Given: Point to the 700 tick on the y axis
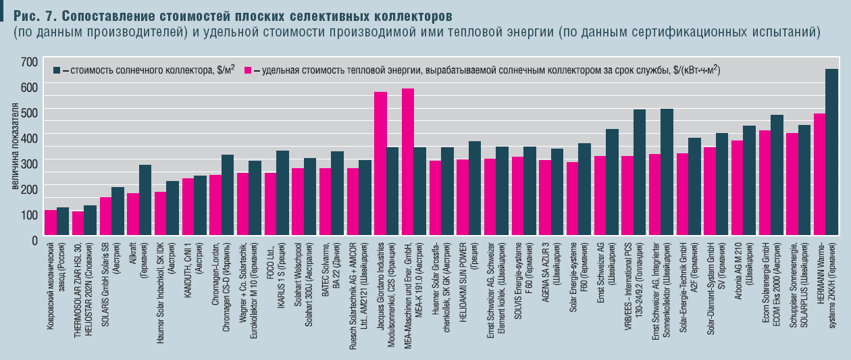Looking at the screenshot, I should (x=30, y=61).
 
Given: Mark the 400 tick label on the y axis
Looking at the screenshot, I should (x=30, y=138).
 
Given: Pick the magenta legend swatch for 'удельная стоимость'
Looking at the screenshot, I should (x=249, y=70).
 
